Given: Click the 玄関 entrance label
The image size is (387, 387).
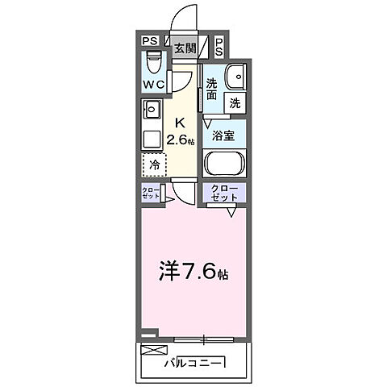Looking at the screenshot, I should tap(185, 48).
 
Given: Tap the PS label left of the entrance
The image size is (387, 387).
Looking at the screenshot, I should tap(149, 41).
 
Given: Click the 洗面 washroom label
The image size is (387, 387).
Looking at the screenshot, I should tap(211, 88).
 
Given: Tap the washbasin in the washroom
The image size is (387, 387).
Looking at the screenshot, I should tap(234, 77).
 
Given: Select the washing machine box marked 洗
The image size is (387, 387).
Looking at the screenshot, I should tap(234, 103).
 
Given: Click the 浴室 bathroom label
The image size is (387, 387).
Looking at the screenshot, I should tap(224, 136).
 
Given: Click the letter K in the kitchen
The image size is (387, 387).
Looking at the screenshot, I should tap(180, 123).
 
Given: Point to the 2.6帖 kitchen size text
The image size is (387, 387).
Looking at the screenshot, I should tap(181, 139).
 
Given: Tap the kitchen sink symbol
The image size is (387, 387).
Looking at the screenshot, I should tap(151, 108).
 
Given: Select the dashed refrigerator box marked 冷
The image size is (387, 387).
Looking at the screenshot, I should tap(153, 164).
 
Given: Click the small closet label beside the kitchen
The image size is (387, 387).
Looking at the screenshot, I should tap(151, 194).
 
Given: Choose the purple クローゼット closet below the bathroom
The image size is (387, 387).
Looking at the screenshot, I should tap(223, 193).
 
